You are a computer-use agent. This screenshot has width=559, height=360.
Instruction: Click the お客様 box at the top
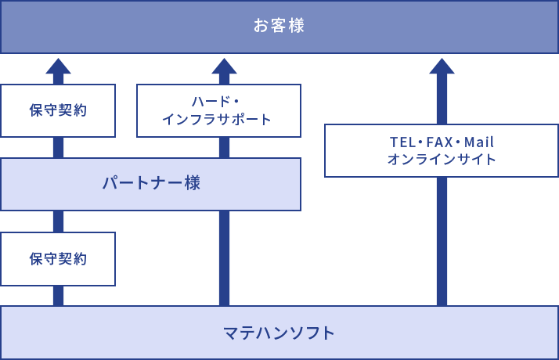click(x=279, y=27)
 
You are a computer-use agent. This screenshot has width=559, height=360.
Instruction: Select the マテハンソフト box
click(x=279, y=333)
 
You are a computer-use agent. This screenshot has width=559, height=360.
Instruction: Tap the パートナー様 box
click(x=150, y=184)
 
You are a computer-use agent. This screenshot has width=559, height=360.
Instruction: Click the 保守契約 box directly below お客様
click(x=58, y=110)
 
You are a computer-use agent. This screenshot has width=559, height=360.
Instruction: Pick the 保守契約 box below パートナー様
click(x=58, y=258)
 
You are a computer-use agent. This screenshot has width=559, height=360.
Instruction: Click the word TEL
click(x=402, y=142)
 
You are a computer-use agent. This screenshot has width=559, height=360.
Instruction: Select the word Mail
click(x=479, y=142)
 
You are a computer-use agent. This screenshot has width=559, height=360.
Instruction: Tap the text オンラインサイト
click(x=442, y=160)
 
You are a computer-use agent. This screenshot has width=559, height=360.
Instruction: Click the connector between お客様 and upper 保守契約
click(x=58, y=69)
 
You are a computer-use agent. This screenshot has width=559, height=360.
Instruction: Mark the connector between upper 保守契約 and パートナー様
click(x=58, y=148)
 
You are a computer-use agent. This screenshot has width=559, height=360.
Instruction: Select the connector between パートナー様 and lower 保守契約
click(x=58, y=221)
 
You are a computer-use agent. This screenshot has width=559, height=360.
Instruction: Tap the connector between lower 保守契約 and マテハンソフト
click(x=58, y=296)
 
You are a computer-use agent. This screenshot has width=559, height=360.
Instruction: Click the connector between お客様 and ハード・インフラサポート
click(x=224, y=69)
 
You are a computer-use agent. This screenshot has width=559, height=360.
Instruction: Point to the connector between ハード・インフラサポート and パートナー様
click(x=224, y=148)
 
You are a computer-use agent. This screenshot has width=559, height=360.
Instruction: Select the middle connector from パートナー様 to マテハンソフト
click(x=224, y=258)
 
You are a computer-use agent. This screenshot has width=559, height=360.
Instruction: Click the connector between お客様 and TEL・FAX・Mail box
click(x=442, y=88)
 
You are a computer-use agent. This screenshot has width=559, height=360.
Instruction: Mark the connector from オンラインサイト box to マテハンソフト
click(x=442, y=241)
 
